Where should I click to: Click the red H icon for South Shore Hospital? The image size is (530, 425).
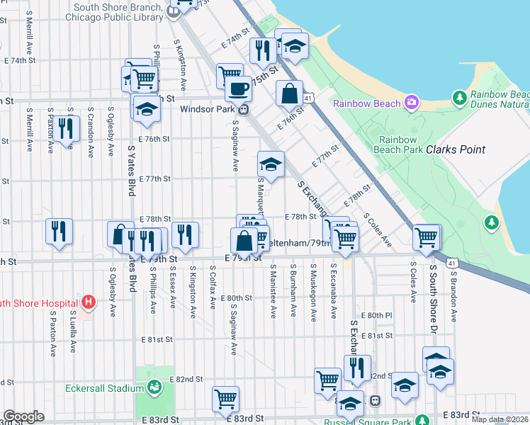88,303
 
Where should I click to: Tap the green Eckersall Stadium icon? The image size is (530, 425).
154,387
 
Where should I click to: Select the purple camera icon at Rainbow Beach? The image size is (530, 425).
411,103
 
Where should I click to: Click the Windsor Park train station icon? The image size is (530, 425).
243,109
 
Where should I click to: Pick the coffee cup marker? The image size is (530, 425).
238,89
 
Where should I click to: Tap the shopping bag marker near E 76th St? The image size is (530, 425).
289,93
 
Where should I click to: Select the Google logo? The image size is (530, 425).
23,416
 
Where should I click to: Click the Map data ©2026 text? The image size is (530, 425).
500,419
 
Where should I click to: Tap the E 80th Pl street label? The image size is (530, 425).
376,314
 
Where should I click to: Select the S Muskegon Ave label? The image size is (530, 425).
312,293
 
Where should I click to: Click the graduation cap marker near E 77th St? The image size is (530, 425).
270,164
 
